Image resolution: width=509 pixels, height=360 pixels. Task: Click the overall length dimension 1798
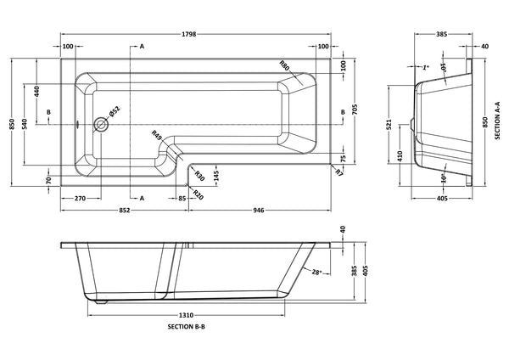coord(197,37)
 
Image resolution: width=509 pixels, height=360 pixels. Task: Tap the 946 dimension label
coord(258,211)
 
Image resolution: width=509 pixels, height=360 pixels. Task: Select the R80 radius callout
coord(284,65)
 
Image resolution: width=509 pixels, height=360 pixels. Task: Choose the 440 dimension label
coord(37,92)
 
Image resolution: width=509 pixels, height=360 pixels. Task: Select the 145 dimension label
coord(215,175)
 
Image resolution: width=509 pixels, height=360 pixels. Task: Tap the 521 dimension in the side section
coord(388,125)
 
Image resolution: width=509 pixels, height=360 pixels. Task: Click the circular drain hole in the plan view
coord(101,124)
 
